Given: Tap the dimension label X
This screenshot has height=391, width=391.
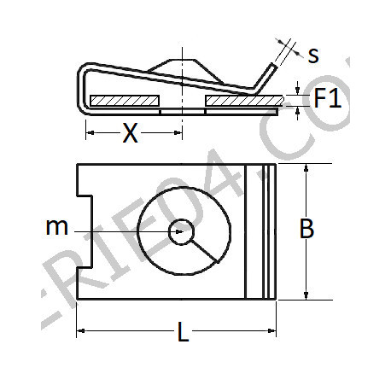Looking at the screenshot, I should point(131,132).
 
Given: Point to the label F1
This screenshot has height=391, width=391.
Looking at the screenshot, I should point(327,100).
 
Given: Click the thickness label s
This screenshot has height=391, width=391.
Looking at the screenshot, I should point(313,55).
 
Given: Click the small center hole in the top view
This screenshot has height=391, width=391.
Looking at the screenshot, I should point(181,231).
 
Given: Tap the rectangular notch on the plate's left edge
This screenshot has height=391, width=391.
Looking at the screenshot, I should point(85,231).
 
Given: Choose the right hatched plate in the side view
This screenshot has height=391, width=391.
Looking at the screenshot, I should point(242,102).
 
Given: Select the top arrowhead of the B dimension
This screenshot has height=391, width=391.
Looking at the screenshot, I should point(306,169).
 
